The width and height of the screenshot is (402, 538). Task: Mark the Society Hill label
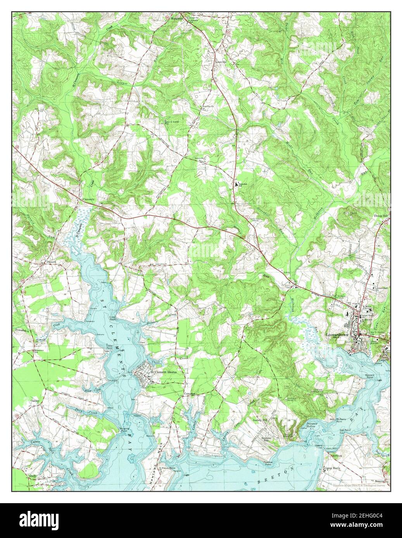pyautogui.click(x=260, y=420)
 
